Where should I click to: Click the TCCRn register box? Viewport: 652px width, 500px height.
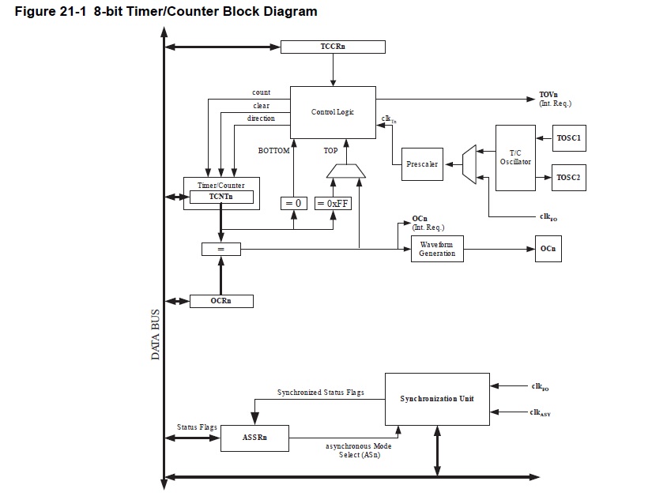coord(333,47)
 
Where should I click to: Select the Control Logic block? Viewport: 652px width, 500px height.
coord(333,113)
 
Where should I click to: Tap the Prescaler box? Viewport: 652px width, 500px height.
coord(422,164)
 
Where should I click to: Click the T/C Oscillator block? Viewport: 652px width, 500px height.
coord(515,157)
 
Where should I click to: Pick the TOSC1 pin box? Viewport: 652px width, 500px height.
coord(568,138)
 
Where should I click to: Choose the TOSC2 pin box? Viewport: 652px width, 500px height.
coord(568,178)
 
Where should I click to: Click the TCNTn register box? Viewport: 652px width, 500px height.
coord(220,197)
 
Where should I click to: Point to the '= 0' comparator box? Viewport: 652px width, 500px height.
coord(293,203)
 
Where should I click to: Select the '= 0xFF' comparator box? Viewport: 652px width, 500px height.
coord(332,203)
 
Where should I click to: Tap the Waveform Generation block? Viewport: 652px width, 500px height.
coord(437,249)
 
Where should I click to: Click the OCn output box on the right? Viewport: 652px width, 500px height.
coord(548,249)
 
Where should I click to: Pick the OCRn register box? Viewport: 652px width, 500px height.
coord(221,301)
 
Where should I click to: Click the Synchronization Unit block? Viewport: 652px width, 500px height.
coord(436,399)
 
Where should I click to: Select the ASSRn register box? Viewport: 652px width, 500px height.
coord(254,435)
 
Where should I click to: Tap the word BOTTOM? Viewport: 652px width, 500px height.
coord(274,150)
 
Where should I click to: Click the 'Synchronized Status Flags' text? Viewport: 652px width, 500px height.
coord(320,393)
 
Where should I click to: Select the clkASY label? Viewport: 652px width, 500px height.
coord(540,412)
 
